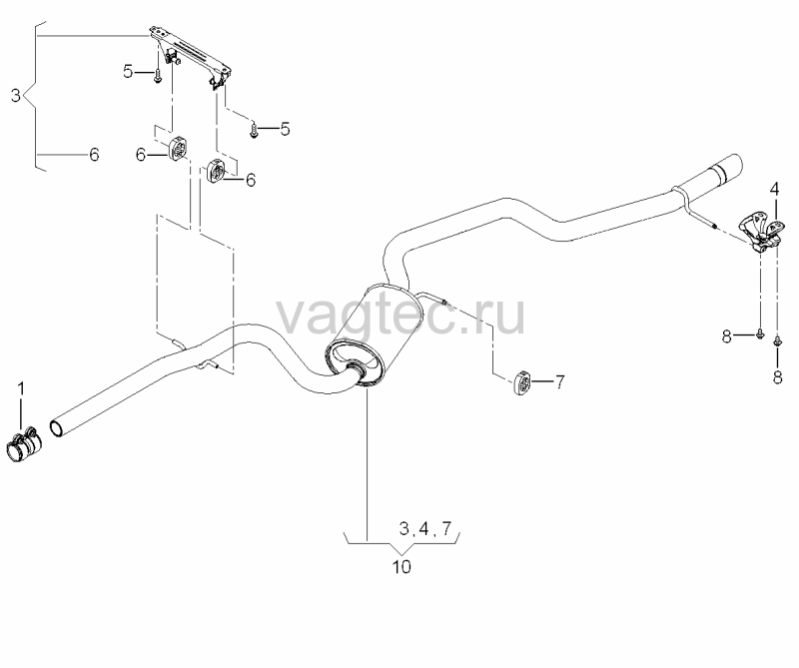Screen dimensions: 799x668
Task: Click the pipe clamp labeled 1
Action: click(23, 444)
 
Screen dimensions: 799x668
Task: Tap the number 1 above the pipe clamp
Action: click(21, 389)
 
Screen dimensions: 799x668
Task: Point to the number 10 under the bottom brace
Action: click(401, 566)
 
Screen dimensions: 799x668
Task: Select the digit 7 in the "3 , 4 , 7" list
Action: click(446, 529)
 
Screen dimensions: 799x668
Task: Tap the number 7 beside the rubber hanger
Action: click(559, 381)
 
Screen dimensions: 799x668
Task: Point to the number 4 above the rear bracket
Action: click(774, 190)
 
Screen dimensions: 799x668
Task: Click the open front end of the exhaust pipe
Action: click(57, 428)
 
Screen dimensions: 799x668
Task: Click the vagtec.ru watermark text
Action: click(400, 316)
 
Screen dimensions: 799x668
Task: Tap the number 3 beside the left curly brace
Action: click(16, 95)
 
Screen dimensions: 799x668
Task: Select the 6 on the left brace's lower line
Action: click(94, 155)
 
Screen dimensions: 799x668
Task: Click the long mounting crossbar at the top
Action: click(191, 55)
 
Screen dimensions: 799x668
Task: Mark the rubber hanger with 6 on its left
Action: click(178, 147)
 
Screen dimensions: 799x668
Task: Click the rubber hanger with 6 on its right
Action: click(217, 170)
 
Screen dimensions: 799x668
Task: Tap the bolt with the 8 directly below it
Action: click(778, 341)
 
